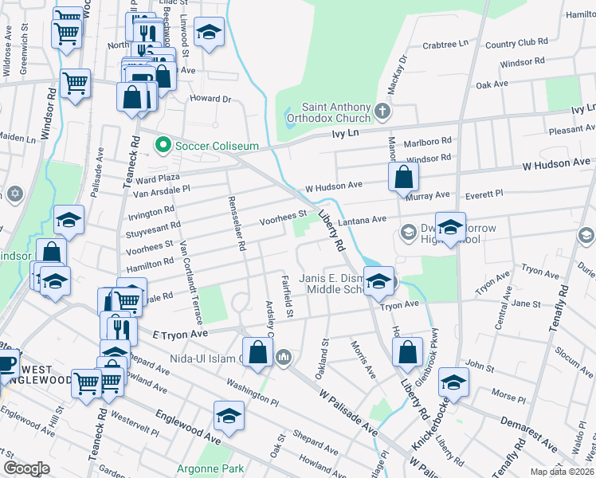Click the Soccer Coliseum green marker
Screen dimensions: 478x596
163,145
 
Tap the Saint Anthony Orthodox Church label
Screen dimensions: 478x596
335,113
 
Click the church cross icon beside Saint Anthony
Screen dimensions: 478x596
383,110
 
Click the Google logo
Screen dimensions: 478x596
26,468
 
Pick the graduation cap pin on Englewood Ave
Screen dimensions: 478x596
229,415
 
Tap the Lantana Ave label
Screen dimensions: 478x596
362,218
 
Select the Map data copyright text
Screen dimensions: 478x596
562,472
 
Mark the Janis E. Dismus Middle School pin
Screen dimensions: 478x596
377,281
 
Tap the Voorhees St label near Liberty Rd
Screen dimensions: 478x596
284,214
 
